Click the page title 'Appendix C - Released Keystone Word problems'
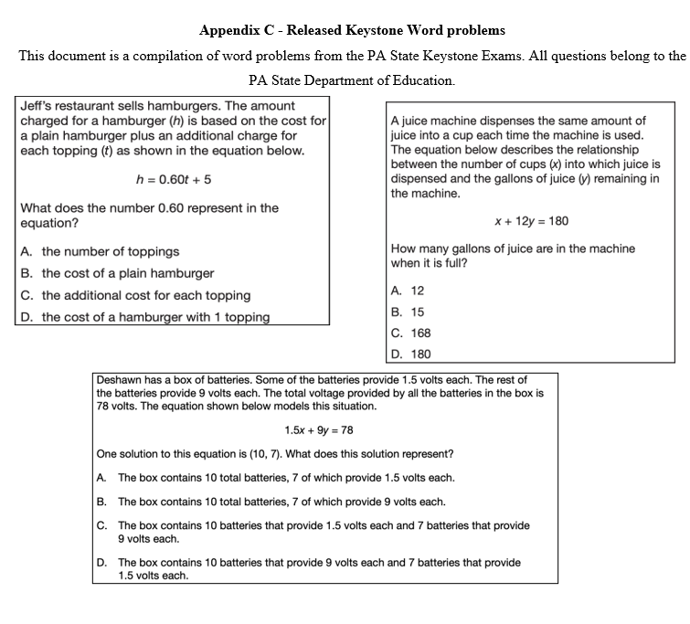pos(352,31)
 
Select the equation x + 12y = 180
pos(531,221)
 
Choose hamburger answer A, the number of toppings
pos(100,251)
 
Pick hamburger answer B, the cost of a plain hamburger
pos(117,273)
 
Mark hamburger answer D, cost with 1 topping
pos(144,317)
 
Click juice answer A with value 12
pos(407,291)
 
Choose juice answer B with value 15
pos(407,312)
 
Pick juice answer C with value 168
pos(410,333)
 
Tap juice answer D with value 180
pos(410,354)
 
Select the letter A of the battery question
pos(101,478)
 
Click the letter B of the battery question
pos(101,502)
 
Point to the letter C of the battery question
pos(101,525)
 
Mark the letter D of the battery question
pos(101,563)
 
